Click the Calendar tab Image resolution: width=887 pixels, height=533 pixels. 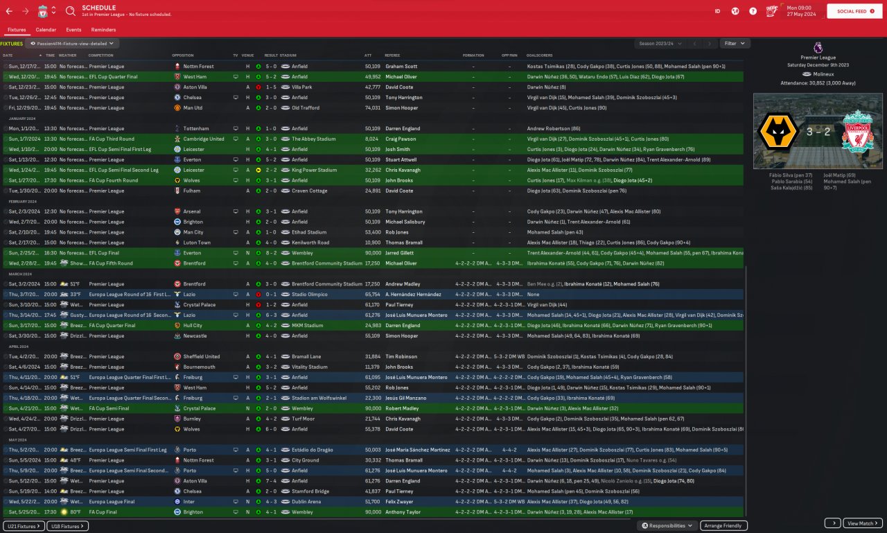[x=46, y=30]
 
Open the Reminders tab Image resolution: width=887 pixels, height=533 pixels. [x=103, y=30]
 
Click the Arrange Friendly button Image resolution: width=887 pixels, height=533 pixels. [x=723, y=526]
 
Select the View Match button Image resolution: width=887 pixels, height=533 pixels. [x=862, y=523]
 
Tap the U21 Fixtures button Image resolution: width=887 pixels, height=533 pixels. [x=24, y=526]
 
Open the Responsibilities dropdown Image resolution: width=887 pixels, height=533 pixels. [x=667, y=526]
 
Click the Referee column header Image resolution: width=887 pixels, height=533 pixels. [x=392, y=55]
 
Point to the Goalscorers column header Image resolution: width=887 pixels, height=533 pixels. [x=540, y=55]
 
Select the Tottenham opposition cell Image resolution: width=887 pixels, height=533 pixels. [x=197, y=128]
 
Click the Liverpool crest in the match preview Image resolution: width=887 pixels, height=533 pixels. [x=858, y=131]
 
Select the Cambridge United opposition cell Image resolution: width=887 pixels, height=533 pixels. [x=203, y=139]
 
